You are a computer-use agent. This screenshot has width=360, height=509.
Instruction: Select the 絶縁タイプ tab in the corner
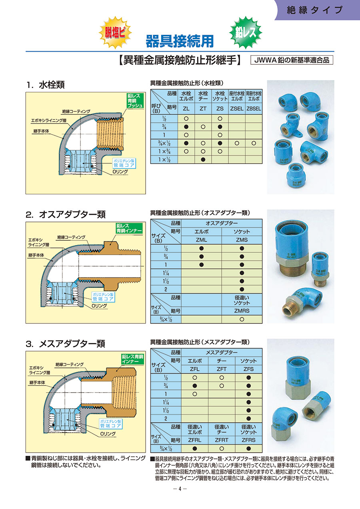(315, 10)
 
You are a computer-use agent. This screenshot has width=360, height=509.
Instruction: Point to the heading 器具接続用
(179, 40)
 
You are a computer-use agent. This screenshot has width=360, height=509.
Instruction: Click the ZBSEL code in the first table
(254, 108)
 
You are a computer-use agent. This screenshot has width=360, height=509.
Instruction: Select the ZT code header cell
(203, 108)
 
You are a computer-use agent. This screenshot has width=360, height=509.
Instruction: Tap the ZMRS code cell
(242, 310)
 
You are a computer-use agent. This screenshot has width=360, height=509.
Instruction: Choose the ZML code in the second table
(201, 240)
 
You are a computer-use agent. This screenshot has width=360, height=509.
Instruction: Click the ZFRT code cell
(221, 440)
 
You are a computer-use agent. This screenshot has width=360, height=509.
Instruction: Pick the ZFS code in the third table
(248, 369)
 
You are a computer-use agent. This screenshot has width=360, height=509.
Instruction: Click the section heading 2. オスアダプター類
(66, 214)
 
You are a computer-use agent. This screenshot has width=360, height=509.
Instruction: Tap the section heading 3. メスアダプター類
(65, 343)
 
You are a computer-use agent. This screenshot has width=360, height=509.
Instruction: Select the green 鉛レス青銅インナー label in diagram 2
(126, 228)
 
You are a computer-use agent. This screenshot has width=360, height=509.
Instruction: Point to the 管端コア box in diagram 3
(110, 423)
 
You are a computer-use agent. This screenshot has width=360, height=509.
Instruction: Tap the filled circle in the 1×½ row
(203, 160)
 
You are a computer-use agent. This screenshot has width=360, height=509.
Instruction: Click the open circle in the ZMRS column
(242, 319)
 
